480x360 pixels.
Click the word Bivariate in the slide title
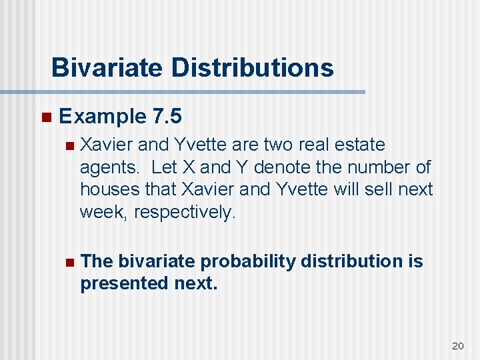pyautogui.click(x=106, y=68)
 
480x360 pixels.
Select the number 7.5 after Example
pyautogui.click(x=167, y=117)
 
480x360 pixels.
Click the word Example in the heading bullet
pyautogui.click(x=102, y=117)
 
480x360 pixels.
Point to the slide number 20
pyautogui.click(x=457, y=345)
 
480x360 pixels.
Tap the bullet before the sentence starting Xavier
pyautogui.click(x=67, y=145)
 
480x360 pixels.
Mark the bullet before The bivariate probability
pyautogui.click(x=67, y=262)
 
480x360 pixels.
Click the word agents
pyautogui.click(x=109, y=168)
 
